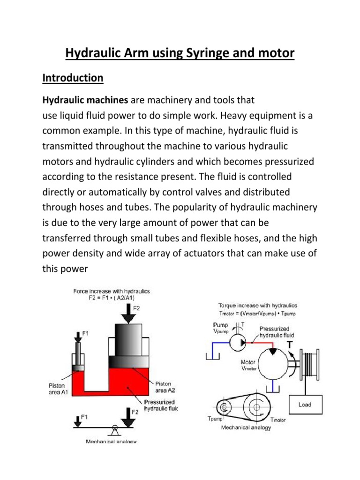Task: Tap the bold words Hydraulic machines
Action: [85, 100]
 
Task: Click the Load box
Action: [305, 404]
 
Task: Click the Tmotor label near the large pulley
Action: [277, 420]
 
